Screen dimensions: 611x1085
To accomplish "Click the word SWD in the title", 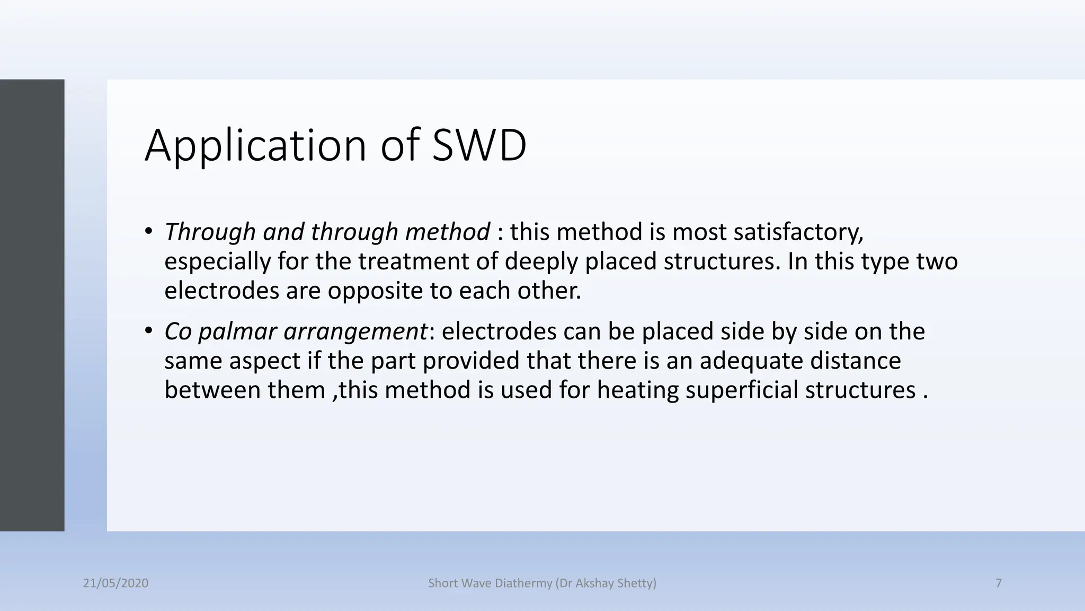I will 479,145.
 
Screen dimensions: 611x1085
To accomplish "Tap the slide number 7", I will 999,583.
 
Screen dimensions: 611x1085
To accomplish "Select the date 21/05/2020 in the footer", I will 115,583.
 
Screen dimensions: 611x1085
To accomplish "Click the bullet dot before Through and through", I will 149,231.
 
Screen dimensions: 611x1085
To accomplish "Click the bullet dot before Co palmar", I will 149,331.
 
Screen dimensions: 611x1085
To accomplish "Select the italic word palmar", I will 238,332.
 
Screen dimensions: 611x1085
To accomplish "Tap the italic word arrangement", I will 355,332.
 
